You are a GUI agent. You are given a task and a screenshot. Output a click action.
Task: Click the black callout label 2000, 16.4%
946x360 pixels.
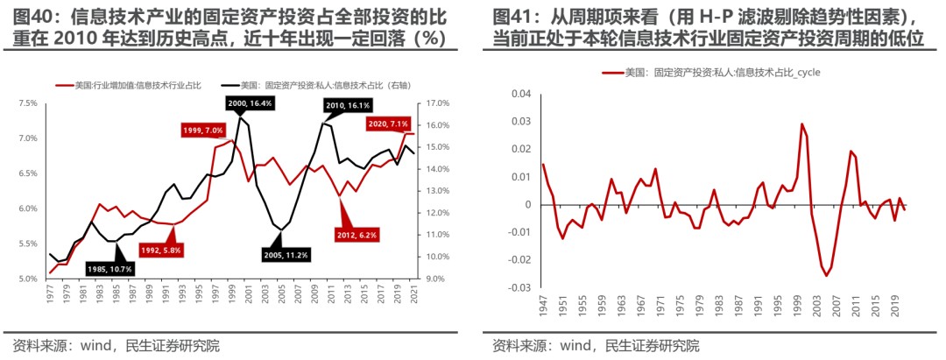(251, 104)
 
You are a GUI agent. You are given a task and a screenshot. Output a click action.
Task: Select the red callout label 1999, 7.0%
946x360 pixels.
(202, 130)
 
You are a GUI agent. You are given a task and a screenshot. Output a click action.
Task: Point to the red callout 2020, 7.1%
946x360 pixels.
(391, 124)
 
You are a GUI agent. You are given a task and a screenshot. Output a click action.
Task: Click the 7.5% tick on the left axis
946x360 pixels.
(27, 103)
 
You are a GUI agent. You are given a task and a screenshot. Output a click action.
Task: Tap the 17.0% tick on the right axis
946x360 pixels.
(438, 103)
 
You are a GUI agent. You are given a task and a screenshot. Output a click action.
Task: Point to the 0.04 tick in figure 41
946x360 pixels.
(520, 94)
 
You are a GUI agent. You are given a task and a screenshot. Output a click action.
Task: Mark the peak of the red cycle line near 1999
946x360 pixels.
(801, 124)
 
